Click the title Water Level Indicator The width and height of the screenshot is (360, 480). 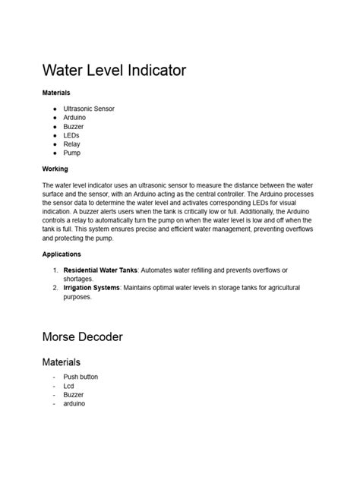tap(114, 71)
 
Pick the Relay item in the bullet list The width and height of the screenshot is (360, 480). tap(71, 144)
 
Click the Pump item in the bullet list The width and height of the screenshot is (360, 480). tap(71, 153)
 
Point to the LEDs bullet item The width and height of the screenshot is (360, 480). tap(71, 135)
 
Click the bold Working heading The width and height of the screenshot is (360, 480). tap(55, 169)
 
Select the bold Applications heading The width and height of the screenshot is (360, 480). tap(61, 254)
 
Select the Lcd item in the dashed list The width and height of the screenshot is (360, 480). tap(69, 386)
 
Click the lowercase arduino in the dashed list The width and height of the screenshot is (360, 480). tap(74, 404)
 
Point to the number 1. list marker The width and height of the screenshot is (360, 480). tap(55, 270)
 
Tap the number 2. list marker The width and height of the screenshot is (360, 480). tap(55, 288)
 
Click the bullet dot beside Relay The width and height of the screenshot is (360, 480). tap(55, 144)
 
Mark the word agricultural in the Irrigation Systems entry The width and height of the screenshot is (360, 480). tap(279, 288)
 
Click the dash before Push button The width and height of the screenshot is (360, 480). tap(54, 377)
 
